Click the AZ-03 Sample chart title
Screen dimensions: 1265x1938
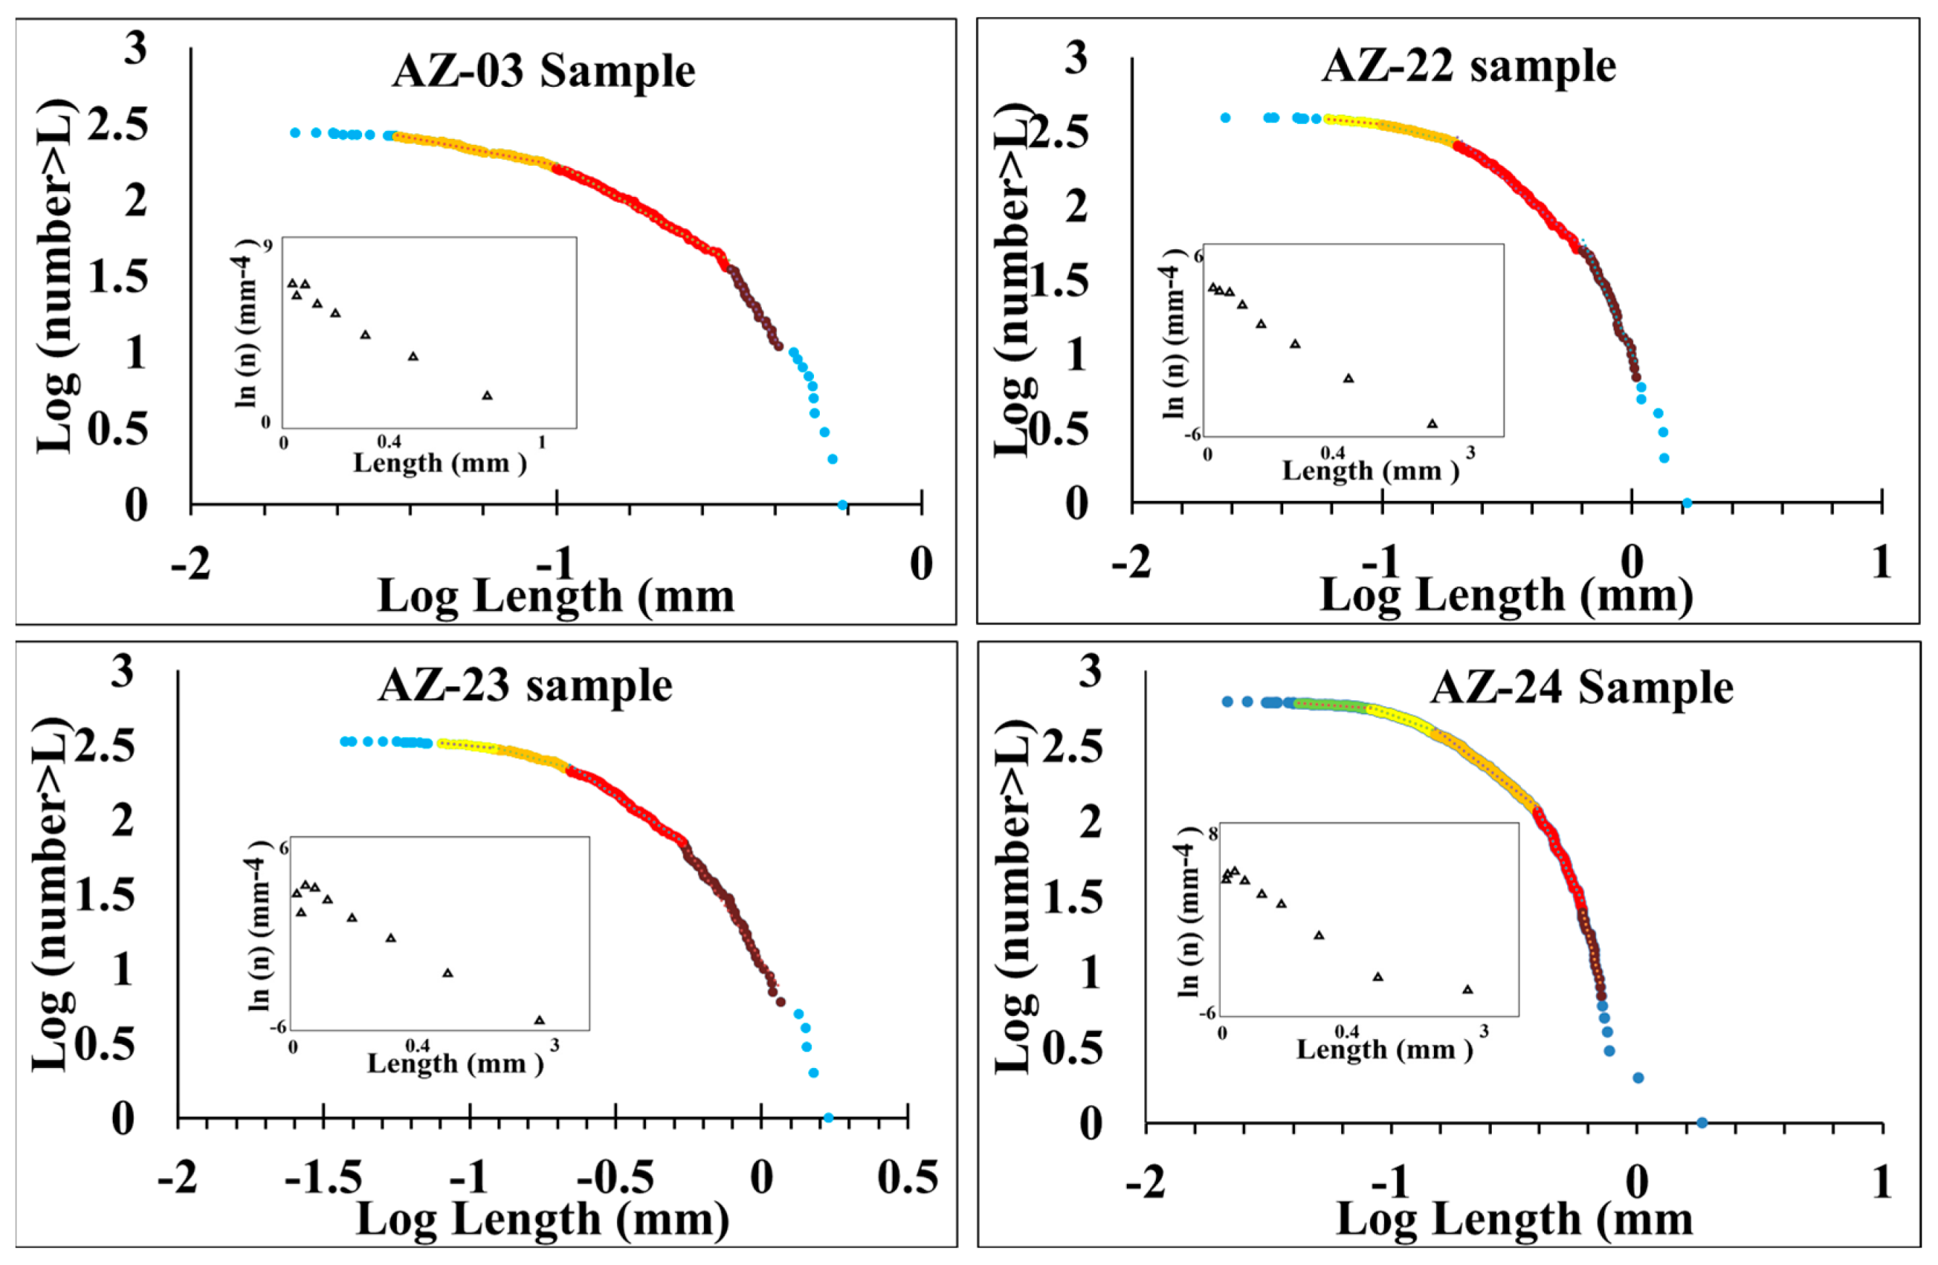[x=543, y=72]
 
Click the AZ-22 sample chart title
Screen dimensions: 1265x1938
[x=1468, y=67]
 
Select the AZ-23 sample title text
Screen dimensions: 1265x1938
[x=525, y=686]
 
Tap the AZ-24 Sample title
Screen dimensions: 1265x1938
[x=1582, y=688]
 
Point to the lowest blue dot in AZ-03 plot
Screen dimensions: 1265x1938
[x=843, y=505]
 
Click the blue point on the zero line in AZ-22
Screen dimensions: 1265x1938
[x=1687, y=503]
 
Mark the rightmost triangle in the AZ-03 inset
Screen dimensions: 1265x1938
[x=487, y=395]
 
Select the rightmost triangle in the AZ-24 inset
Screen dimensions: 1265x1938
[x=1467, y=990]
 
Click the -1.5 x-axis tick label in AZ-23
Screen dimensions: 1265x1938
[x=323, y=1178]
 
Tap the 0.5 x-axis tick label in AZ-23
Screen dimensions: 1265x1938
[x=907, y=1178]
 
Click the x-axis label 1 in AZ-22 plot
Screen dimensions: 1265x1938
[x=1881, y=563]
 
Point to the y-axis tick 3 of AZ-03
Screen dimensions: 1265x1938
[x=135, y=49]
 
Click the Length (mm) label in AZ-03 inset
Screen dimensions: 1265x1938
[x=440, y=463]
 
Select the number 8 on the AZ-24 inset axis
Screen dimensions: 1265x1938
[x=1212, y=833]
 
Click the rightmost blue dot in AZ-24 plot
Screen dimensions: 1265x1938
[x=1701, y=1123]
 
